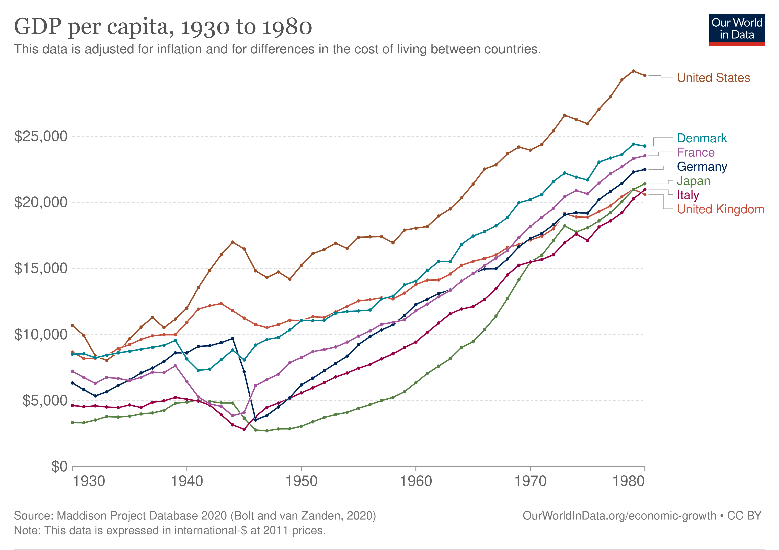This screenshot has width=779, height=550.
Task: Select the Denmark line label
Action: click(x=702, y=138)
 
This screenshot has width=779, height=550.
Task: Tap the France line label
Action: click(x=696, y=152)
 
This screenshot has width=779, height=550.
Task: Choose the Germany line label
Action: click(x=702, y=167)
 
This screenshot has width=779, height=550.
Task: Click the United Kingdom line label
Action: click(x=720, y=209)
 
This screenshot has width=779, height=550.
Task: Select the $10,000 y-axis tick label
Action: click(x=41, y=335)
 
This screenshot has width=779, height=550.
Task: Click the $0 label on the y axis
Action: click(x=59, y=467)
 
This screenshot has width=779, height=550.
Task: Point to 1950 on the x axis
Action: click(x=301, y=481)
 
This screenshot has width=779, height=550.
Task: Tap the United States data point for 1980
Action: click(x=645, y=75)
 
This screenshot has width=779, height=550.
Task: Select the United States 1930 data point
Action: click(x=72, y=325)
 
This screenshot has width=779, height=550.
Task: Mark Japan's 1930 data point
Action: click(x=72, y=422)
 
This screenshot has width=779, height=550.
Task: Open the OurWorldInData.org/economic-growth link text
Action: click(x=619, y=515)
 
